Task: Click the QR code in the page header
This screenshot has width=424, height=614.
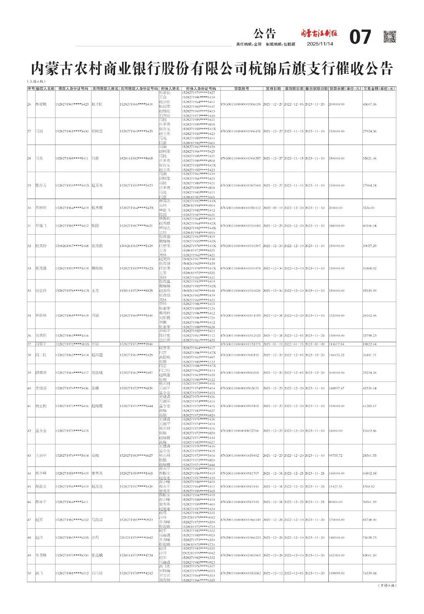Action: (x=389, y=36)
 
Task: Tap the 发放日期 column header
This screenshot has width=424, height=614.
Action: (x=273, y=89)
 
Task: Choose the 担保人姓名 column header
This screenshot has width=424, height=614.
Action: (x=170, y=89)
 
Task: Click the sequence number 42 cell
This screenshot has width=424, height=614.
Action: (x=29, y=431)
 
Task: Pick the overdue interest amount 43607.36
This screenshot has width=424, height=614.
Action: (x=369, y=104)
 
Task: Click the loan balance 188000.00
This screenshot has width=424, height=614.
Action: (x=336, y=226)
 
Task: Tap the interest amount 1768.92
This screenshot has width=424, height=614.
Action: (x=368, y=487)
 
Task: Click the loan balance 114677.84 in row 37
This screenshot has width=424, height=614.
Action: (x=336, y=344)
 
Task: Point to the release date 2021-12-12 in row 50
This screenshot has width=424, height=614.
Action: (x=272, y=573)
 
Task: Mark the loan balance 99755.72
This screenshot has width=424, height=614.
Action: (x=335, y=456)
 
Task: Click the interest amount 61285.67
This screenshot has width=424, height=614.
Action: (x=369, y=406)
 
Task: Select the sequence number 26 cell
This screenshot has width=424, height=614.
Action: (x=29, y=104)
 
